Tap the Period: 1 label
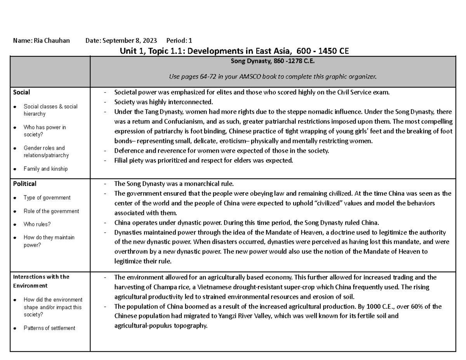[179, 40]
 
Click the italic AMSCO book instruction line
[272, 77]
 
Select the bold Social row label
[21, 92]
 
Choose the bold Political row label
[24, 184]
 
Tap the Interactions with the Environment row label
[41, 281]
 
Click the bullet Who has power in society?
[45, 131]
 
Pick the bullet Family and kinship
[45, 169]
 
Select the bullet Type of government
[47, 198]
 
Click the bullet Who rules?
[37, 224]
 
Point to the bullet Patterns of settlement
[49, 328]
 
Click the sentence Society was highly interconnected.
[163, 102]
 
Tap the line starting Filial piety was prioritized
[203, 160]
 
